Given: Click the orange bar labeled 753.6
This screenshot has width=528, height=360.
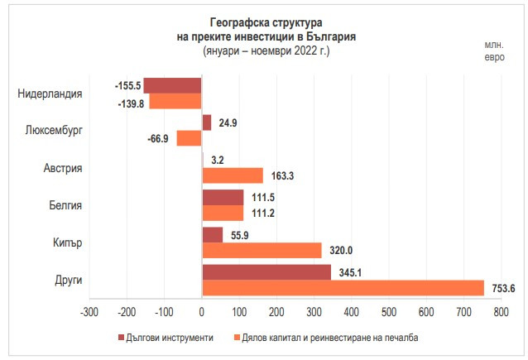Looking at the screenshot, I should point(343,287).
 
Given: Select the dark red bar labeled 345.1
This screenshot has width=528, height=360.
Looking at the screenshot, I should point(266,272).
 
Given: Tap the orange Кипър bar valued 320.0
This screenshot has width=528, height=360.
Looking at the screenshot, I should point(262,250).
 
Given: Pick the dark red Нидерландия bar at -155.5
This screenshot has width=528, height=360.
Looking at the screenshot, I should point(172,85).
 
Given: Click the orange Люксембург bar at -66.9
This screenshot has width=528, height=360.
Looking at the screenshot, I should point(190,138).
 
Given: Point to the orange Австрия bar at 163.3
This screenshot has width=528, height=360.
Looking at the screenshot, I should point(233,175).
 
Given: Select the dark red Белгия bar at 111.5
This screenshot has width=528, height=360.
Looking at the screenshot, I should point(223,197).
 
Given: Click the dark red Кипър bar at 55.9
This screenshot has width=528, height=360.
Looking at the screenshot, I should point(213,234).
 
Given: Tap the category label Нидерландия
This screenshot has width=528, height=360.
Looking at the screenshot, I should point(50,94).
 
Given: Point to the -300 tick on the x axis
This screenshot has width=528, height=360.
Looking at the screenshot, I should point(89,312).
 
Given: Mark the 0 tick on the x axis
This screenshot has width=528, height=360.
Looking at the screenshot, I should point(202,312).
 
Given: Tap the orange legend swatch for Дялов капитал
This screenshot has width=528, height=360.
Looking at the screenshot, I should point(236,338).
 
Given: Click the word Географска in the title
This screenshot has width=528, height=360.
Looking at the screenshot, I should point(228,22).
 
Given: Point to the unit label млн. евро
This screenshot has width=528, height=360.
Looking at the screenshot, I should point(493,50).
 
